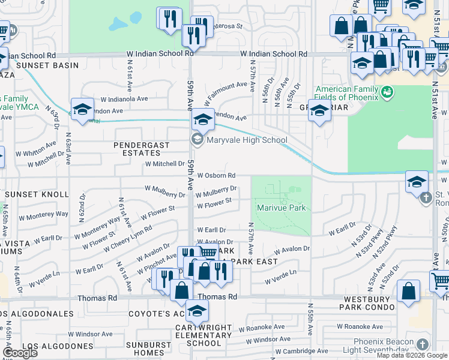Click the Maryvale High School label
click(247, 140)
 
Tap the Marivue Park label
click(282, 208)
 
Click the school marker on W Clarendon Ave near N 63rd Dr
click(82, 109)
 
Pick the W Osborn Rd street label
click(215, 176)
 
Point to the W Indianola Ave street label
click(124, 99)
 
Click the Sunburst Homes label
click(154, 349)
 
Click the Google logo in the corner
click(19, 353)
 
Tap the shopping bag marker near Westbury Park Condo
click(408, 291)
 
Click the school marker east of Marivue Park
click(417, 182)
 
